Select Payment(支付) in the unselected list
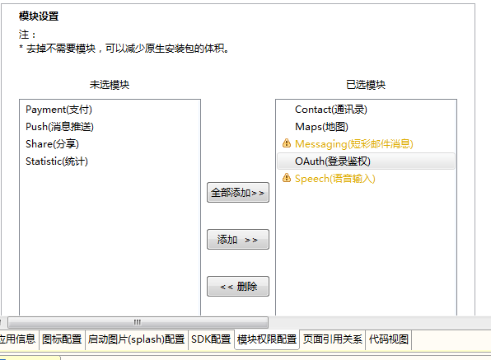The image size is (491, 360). (58, 110)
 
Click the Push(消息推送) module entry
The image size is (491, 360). (59, 127)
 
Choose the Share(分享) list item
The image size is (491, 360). (52, 144)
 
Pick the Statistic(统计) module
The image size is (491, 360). (57, 161)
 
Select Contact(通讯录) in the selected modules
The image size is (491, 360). (331, 110)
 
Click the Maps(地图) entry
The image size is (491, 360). (321, 127)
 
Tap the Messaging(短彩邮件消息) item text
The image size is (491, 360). (354, 144)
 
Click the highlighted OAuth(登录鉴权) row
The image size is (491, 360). (366, 161)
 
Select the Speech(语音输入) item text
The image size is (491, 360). (335, 179)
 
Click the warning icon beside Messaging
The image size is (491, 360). (287, 143)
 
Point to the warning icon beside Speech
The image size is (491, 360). (287, 177)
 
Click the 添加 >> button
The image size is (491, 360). (238, 240)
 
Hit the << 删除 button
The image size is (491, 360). (238, 286)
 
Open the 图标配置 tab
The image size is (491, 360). (62, 339)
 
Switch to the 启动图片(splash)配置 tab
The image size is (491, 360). (136, 339)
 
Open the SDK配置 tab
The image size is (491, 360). (211, 339)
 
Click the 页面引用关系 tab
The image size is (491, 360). (332, 339)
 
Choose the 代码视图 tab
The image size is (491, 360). (389, 339)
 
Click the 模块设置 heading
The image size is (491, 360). (39, 16)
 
